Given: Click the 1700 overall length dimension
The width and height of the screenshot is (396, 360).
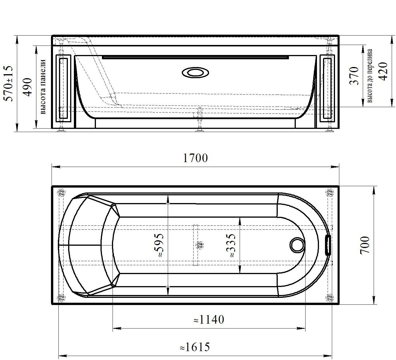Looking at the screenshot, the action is (195, 158).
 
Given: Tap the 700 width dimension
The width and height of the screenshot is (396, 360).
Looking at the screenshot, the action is (365, 245).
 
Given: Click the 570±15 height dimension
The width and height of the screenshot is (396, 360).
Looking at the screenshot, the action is (8, 84).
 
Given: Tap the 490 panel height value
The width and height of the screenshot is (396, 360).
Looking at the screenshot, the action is (28, 87).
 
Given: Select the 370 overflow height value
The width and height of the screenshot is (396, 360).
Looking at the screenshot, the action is (354, 76).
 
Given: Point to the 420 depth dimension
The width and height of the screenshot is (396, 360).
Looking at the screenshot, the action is (383, 71).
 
